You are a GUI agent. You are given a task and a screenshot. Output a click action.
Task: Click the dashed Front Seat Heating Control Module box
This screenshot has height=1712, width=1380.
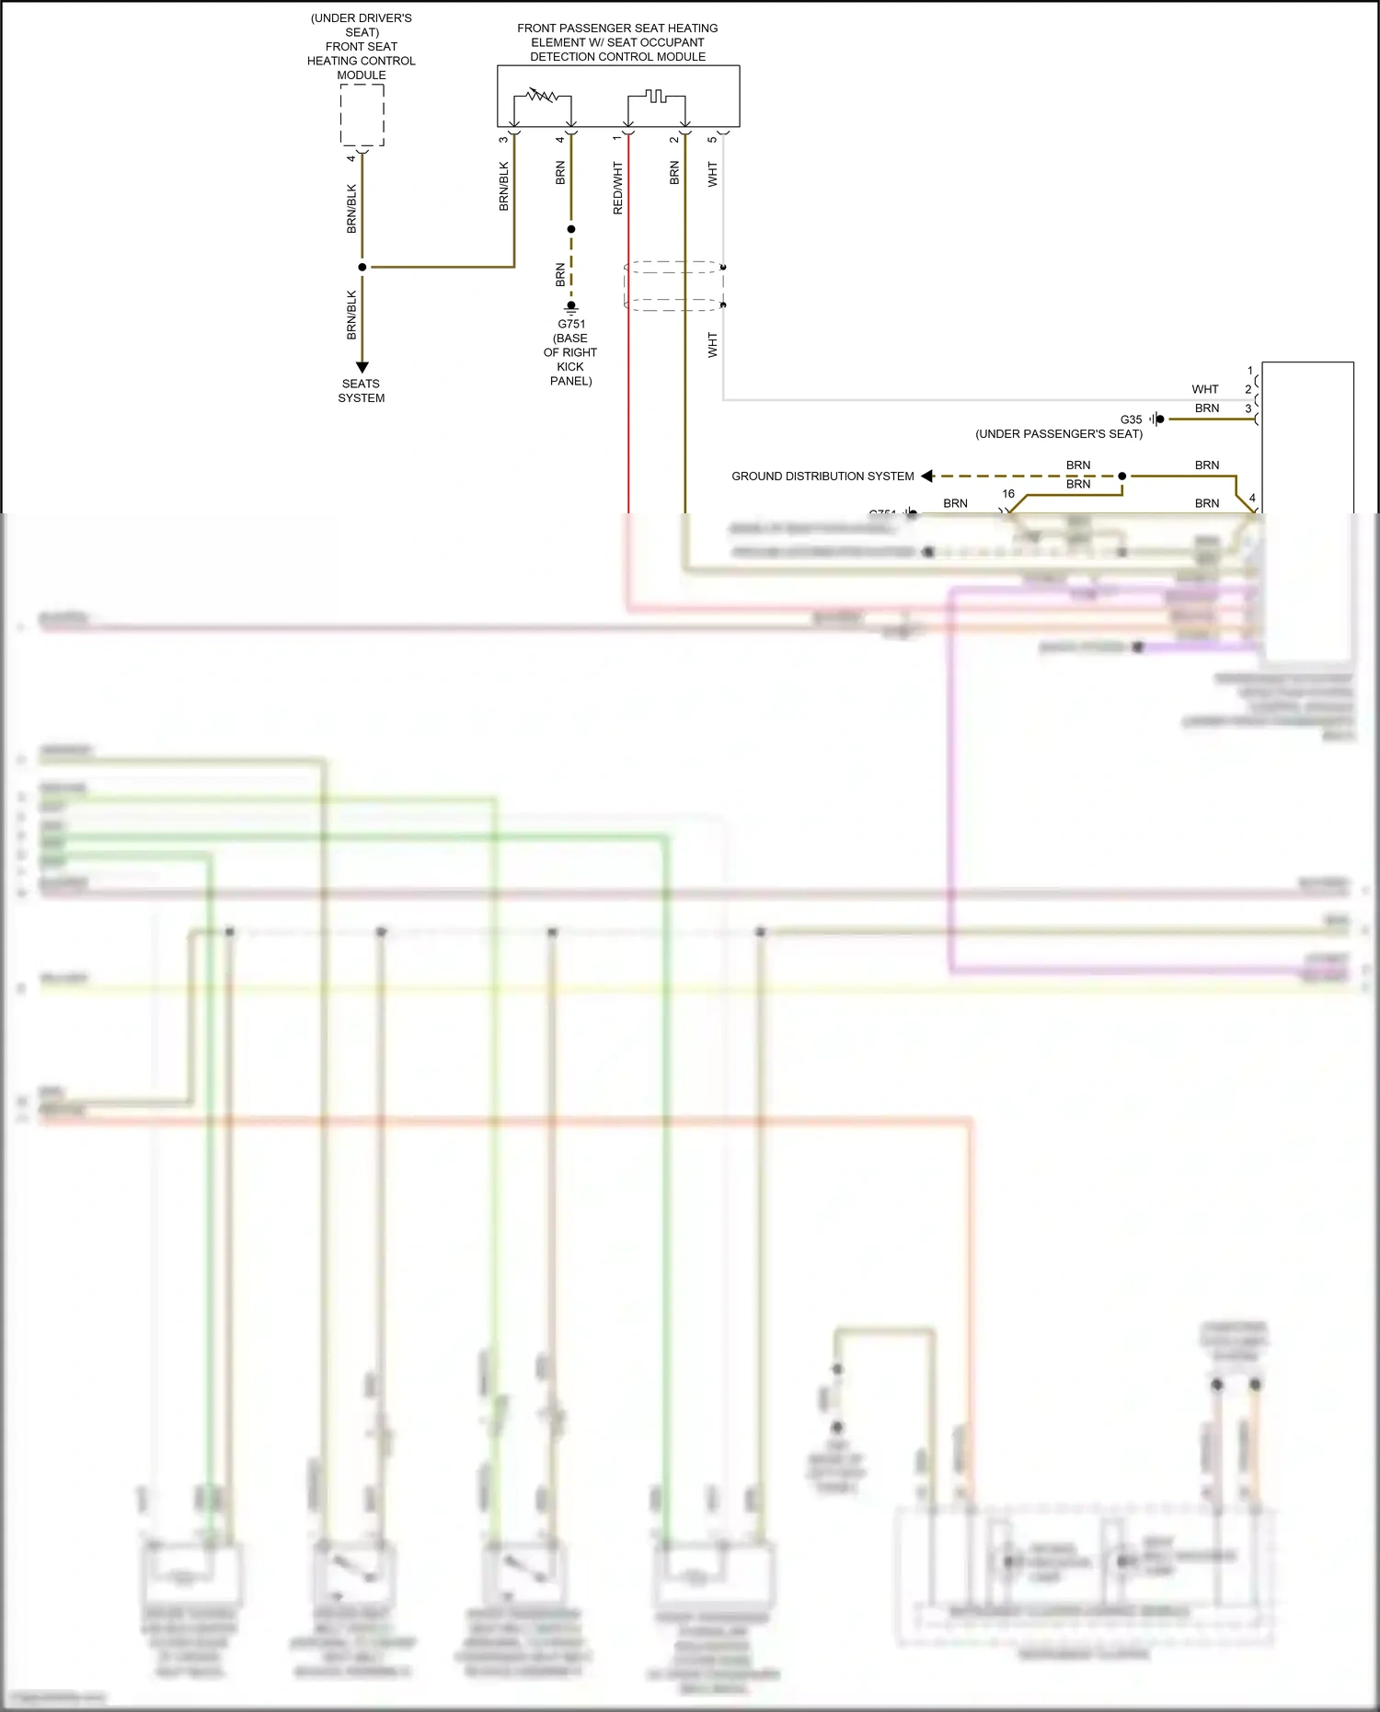[362, 115]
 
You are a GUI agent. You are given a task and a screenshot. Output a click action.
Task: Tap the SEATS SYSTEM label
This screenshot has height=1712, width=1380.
[361, 391]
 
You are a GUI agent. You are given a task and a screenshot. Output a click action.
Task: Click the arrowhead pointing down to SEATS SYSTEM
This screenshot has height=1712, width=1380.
[362, 367]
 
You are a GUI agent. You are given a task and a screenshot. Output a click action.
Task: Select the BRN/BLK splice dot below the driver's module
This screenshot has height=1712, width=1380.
[362, 267]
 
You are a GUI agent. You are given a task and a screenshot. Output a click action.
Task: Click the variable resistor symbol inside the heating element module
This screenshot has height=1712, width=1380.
[542, 96]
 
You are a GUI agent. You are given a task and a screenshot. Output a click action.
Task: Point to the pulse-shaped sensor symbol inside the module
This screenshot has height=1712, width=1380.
[655, 96]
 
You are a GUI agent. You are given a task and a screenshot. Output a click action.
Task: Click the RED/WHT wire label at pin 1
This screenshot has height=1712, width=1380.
[617, 189]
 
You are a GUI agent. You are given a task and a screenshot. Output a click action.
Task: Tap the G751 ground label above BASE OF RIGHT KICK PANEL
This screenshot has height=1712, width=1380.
[571, 324]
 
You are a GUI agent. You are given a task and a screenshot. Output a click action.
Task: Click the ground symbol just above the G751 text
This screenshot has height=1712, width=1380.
[571, 308]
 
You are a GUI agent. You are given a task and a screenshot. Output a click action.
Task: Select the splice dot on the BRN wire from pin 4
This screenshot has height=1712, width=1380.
[571, 229]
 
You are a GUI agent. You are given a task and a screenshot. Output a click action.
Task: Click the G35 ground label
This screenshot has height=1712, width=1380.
[1131, 419]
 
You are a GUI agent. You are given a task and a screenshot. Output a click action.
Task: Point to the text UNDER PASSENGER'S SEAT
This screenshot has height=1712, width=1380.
[1059, 434]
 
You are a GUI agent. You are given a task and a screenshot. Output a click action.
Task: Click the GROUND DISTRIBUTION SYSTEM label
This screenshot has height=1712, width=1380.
[822, 477]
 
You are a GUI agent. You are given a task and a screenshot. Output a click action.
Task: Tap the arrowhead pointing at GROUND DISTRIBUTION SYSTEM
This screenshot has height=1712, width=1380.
[927, 476]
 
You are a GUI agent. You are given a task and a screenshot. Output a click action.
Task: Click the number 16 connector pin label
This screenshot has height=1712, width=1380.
[1008, 494]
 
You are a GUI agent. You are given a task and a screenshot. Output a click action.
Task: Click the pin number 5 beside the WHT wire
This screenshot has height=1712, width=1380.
[712, 139]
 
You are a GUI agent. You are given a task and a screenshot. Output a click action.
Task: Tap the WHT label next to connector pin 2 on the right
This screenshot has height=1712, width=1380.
[1204, 389]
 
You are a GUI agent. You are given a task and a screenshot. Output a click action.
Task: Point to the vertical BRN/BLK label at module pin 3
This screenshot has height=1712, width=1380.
[503, 187]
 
